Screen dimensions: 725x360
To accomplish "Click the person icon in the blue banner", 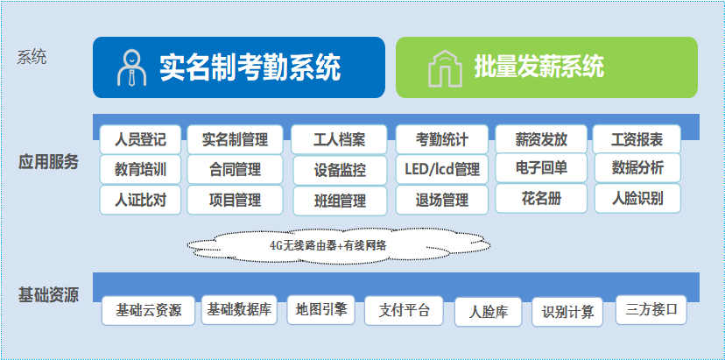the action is click(131, 68).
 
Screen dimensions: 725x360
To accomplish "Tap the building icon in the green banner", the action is click(445, 68).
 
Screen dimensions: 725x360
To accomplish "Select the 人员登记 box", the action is click(140, 139).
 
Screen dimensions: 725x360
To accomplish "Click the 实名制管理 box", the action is click(235, 139).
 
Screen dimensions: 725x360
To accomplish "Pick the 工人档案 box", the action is click(339, 139).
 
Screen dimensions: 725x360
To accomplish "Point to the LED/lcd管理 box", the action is click(442, 169).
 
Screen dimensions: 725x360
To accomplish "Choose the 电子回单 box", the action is click(541, 168).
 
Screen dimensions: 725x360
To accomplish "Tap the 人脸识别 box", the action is click(637, 199).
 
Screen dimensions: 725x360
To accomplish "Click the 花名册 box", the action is click(541, 199).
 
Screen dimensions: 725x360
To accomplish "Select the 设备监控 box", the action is click(340, 170).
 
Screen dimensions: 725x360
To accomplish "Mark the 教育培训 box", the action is click(140, 169).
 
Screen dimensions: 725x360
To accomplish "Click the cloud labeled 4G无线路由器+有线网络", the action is click(339, 246).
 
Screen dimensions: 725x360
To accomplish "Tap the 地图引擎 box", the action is click(320, 309).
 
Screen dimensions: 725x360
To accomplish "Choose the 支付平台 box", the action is click(404, 310).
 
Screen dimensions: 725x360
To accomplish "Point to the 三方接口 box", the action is click(651, 310).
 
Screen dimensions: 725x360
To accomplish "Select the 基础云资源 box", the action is click(149, 310).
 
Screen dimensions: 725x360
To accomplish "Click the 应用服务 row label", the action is click(48, 162).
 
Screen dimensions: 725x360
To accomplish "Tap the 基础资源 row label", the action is click(48, 295).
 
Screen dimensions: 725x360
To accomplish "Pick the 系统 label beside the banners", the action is click(32, 58).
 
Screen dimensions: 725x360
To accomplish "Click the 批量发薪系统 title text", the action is click(539, 67).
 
